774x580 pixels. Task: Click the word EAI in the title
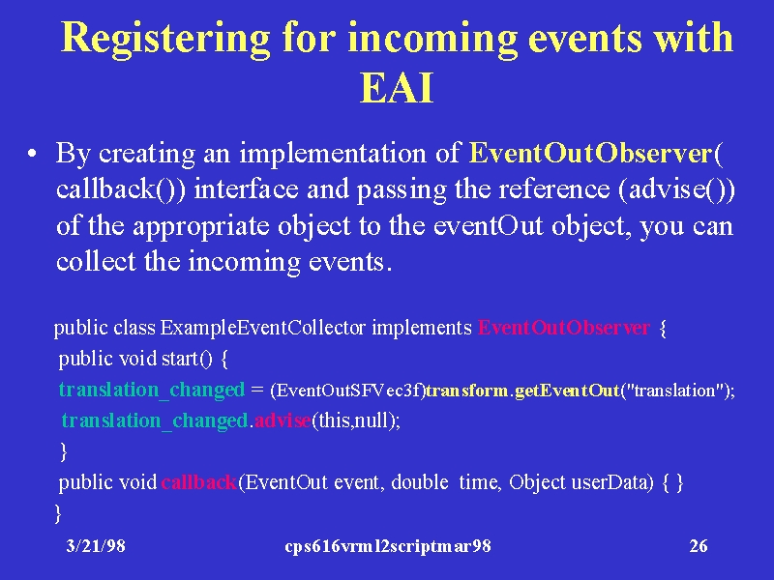click(x=397, y=87)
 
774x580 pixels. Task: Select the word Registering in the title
click(x=165, y=39)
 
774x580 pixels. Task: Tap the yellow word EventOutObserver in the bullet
click(x=591, y=153)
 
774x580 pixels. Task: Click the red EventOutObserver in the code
click(x=564, y=328)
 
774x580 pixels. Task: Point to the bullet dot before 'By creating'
click(x=32, y=154)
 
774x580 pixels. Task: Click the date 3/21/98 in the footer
click(x=96, y=546)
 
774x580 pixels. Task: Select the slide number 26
click(x=699, y=546)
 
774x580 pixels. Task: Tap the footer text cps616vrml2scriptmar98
click(x=388, y=546)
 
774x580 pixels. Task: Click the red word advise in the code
click(x=283, y=420)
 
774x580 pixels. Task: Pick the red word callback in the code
click(x=199, y=481)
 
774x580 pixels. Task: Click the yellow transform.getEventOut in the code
click(x=522, y=391)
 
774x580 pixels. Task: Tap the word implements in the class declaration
click(x=422, y=328)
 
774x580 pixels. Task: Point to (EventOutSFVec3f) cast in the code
click(x=348, y=391)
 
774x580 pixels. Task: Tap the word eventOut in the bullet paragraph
click(x=489, y=226)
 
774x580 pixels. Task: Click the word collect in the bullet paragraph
click(x=96, y=261)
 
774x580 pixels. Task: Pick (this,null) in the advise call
click(x=354, y=420)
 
